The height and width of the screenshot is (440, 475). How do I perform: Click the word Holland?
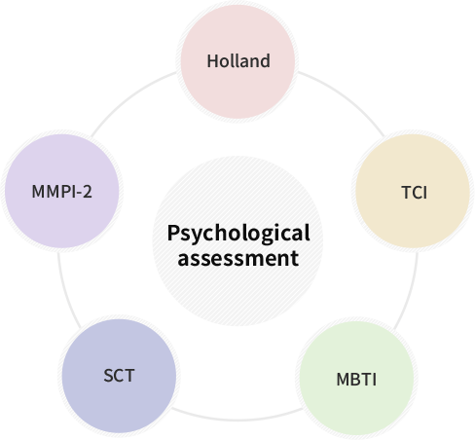[x=238, y=61]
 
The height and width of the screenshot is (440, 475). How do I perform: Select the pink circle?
[x=237, y=61]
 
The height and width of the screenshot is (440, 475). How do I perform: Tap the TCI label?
[x=415, y=193]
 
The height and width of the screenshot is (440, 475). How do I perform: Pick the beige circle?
[x=413, y=191]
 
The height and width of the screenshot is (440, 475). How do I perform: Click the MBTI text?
[x=356, y=380]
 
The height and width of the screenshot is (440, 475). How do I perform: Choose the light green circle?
[x=356, y=378]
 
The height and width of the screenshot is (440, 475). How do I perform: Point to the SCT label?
[x=119, y=376]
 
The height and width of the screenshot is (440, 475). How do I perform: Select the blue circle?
[x=119, y=376]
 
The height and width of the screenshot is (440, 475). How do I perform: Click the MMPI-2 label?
[x=62, y=192]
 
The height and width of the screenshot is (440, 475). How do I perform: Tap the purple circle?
[x=62, y=191]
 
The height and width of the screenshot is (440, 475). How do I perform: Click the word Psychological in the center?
[x=238, y=234]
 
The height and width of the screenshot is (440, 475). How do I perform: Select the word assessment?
[x=238, y=259]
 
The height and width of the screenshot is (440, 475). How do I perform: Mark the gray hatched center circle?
[x=237, y=240]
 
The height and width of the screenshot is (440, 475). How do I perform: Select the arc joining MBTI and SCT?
[x=237, y=420]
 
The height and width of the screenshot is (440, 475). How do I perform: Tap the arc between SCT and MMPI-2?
[x=66, y=292]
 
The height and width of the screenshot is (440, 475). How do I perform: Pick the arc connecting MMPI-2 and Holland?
[x=129, y=97]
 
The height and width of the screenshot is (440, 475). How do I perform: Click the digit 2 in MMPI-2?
[x=88, y=192]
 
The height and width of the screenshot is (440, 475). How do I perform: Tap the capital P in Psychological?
[x=173, y=233]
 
